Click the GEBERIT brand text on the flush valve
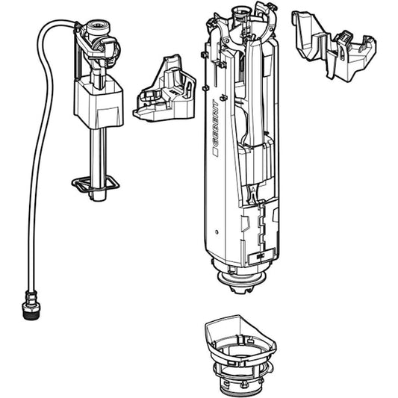(x=215, y=125)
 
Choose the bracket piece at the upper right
(x=334, y=46)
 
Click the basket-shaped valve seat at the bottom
(x=240, y=355)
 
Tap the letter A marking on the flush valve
(x=253, y=189)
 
